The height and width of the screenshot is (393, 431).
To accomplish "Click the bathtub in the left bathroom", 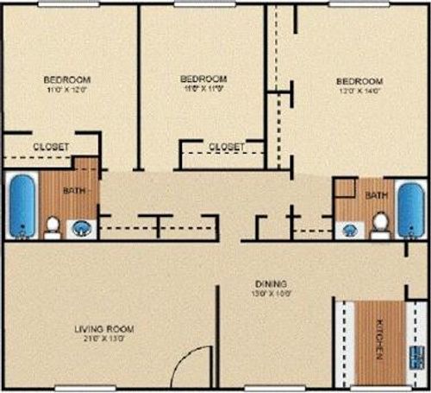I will [23, 206].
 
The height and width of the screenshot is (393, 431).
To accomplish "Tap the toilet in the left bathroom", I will [53, 226].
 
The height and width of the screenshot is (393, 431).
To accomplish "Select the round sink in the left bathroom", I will [81, 229].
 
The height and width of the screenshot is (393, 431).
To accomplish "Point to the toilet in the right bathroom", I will [379, 224].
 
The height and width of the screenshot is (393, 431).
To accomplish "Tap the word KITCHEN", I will [380, 340].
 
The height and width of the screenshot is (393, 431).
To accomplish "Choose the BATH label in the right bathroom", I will [377, 196].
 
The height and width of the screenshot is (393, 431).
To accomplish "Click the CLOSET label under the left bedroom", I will [51, 147].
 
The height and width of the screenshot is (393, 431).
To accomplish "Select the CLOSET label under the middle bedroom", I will [226, 146].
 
